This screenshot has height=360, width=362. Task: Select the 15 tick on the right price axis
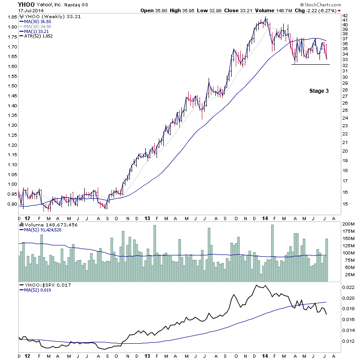click(344, 204)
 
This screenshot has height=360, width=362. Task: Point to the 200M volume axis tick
click(348, 224)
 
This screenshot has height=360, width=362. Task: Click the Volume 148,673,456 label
click(48, 224)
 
